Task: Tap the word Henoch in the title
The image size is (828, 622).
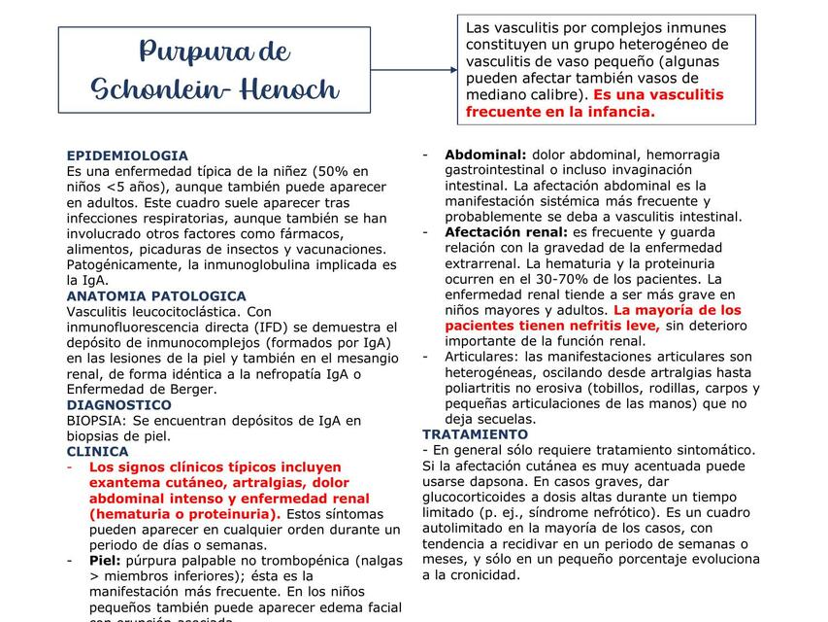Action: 290,89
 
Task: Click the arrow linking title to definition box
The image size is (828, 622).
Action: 414,70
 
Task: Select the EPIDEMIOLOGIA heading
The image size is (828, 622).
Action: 127,155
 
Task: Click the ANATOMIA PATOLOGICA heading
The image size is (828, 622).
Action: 156,295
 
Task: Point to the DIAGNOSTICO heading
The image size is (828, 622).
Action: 118,404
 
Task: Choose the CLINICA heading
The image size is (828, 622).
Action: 97,451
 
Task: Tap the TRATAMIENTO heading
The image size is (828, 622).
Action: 475,434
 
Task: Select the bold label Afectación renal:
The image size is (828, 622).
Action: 506,232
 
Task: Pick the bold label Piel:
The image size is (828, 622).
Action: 105,560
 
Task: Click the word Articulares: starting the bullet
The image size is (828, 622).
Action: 482,357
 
